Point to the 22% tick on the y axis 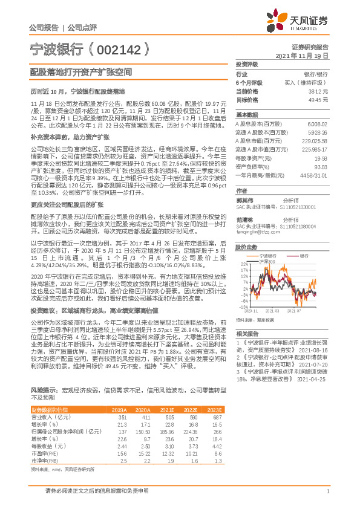[244, 265]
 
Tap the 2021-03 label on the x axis [272, 311]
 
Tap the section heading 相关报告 [246, 334]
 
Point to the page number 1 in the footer [327, 491]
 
